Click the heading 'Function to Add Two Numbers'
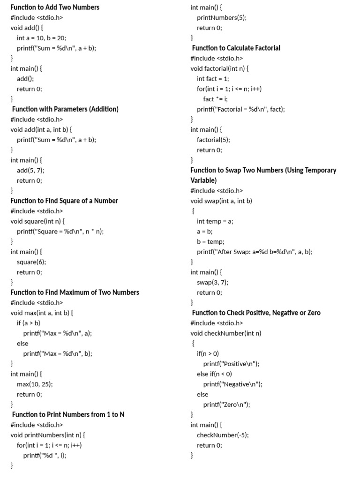[55, 7]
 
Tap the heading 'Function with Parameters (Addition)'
[65, 109]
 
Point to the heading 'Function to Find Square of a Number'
[64, 201]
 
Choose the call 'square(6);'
[31, 262]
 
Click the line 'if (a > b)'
[29, 323]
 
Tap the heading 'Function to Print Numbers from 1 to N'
[68, 414]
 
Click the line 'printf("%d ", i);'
[45, 455]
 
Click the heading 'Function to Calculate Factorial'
[236, 48]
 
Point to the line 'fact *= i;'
[215, 99]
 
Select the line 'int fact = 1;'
[213, 79]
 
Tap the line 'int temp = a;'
[215, 221]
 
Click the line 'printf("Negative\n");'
[232, 384]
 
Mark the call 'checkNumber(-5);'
[223, 435]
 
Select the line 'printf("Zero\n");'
[226, 405]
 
